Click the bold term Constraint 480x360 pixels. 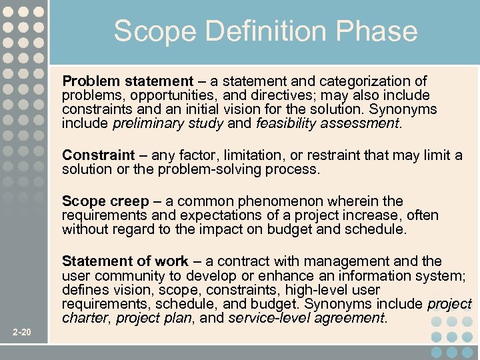[98, 155]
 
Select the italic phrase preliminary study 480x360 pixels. [169, 123]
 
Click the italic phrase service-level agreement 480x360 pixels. [306, 319]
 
